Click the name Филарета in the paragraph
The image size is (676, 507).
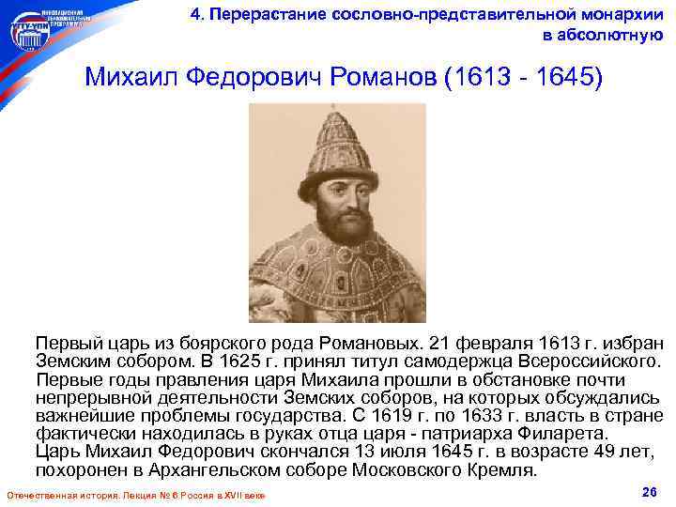pos(561,434)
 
